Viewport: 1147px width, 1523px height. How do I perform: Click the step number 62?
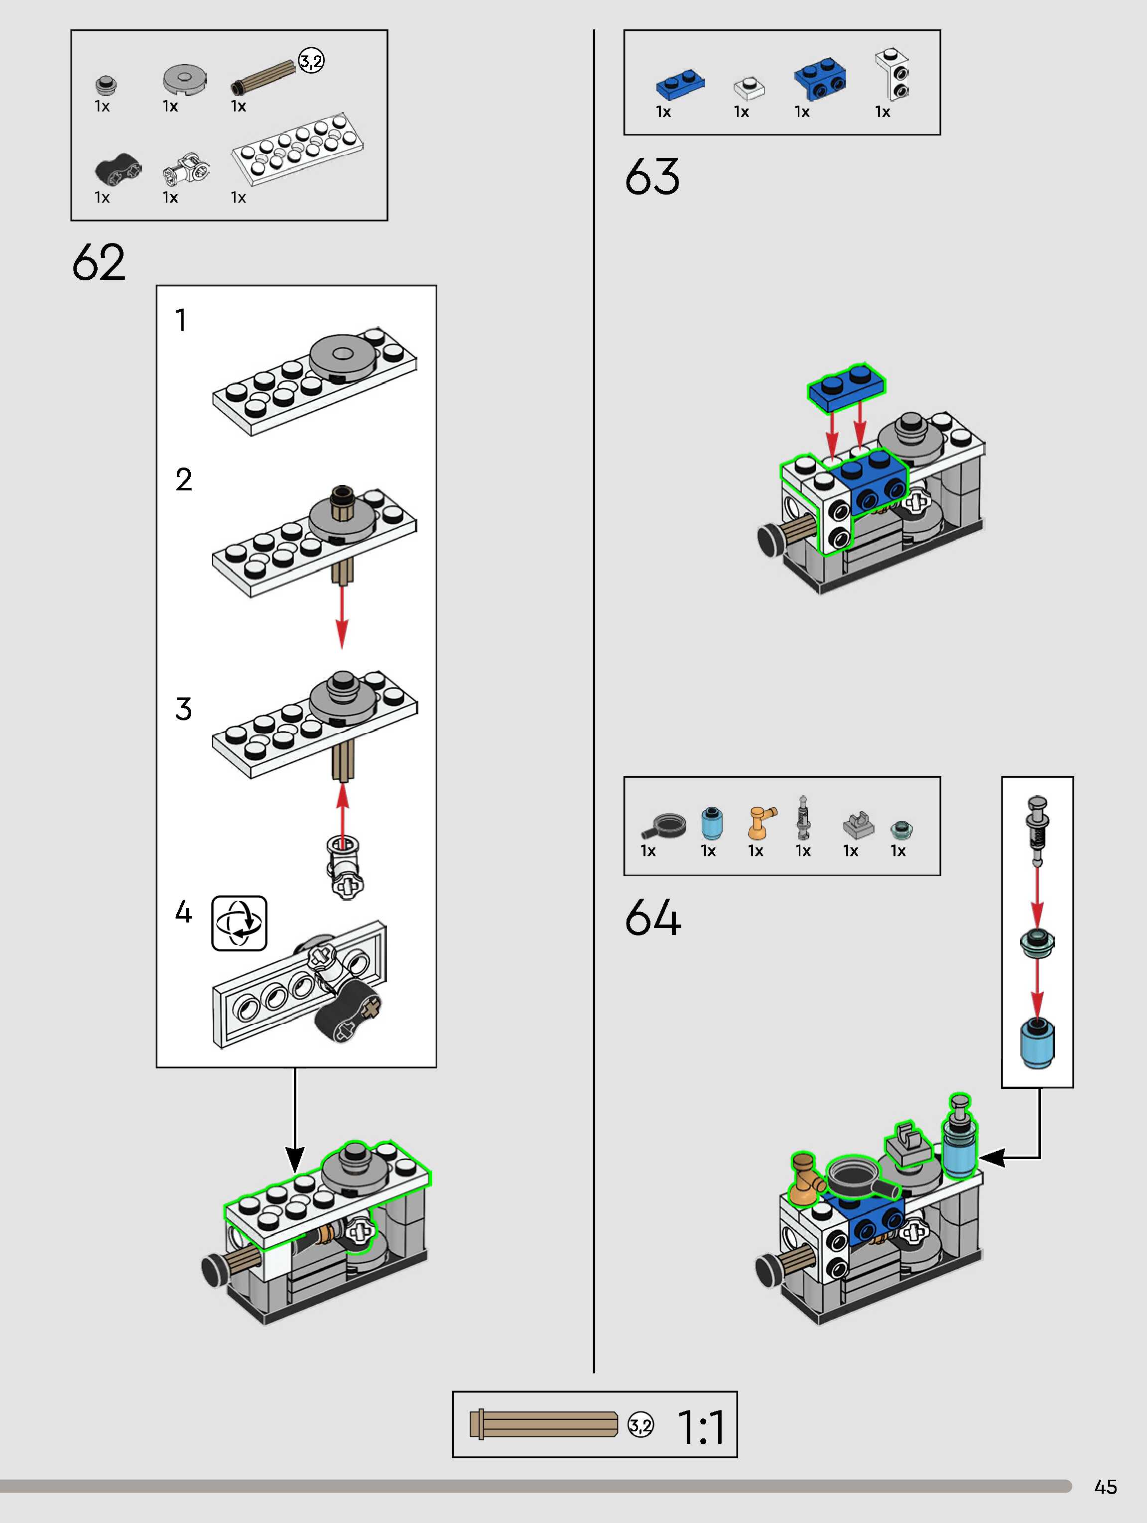coord(99,262)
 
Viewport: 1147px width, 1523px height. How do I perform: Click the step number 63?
coord(651,176)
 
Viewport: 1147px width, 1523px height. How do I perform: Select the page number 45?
coord(1105,1487)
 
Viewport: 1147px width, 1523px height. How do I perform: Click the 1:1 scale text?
coord(701,1427)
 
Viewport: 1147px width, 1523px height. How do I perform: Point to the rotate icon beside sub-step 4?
coord(239,923)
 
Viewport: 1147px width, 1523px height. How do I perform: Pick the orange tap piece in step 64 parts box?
coord(761,823)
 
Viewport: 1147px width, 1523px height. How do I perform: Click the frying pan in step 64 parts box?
coord(664,825)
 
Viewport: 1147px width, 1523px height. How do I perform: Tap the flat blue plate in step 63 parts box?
coord(680,85)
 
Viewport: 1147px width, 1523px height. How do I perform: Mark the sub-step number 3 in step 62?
coord(183,709)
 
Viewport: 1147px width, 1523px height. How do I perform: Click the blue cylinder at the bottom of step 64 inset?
coord(1037,1044)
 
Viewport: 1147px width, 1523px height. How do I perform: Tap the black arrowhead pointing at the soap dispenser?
coord(991,1159)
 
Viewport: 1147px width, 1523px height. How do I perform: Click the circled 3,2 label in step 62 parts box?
coord(311,62)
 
